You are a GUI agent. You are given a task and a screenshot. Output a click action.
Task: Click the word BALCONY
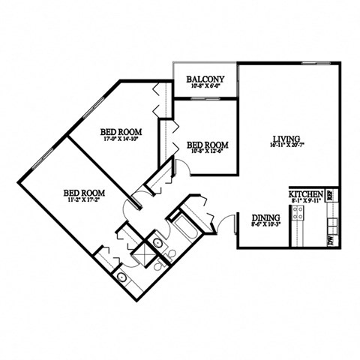pyautogui.click(x=205, y=79)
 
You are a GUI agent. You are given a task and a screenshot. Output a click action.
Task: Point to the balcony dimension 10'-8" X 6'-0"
pyautogui.click(x=205, y=87)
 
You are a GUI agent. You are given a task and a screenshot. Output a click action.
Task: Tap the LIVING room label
pyautogui.click(x=287, y=139)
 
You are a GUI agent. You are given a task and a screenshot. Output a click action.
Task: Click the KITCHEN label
pyautogui.click(x=306, y=193)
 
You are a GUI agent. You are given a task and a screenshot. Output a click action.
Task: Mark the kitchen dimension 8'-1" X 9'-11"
pyautogui.click(x=306, y=201)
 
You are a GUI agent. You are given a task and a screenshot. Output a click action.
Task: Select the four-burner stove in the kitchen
pyautogui.click(x=297, y=213)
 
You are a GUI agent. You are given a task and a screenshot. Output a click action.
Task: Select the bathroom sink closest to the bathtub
pyautogui.click(x=158, y=243)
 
